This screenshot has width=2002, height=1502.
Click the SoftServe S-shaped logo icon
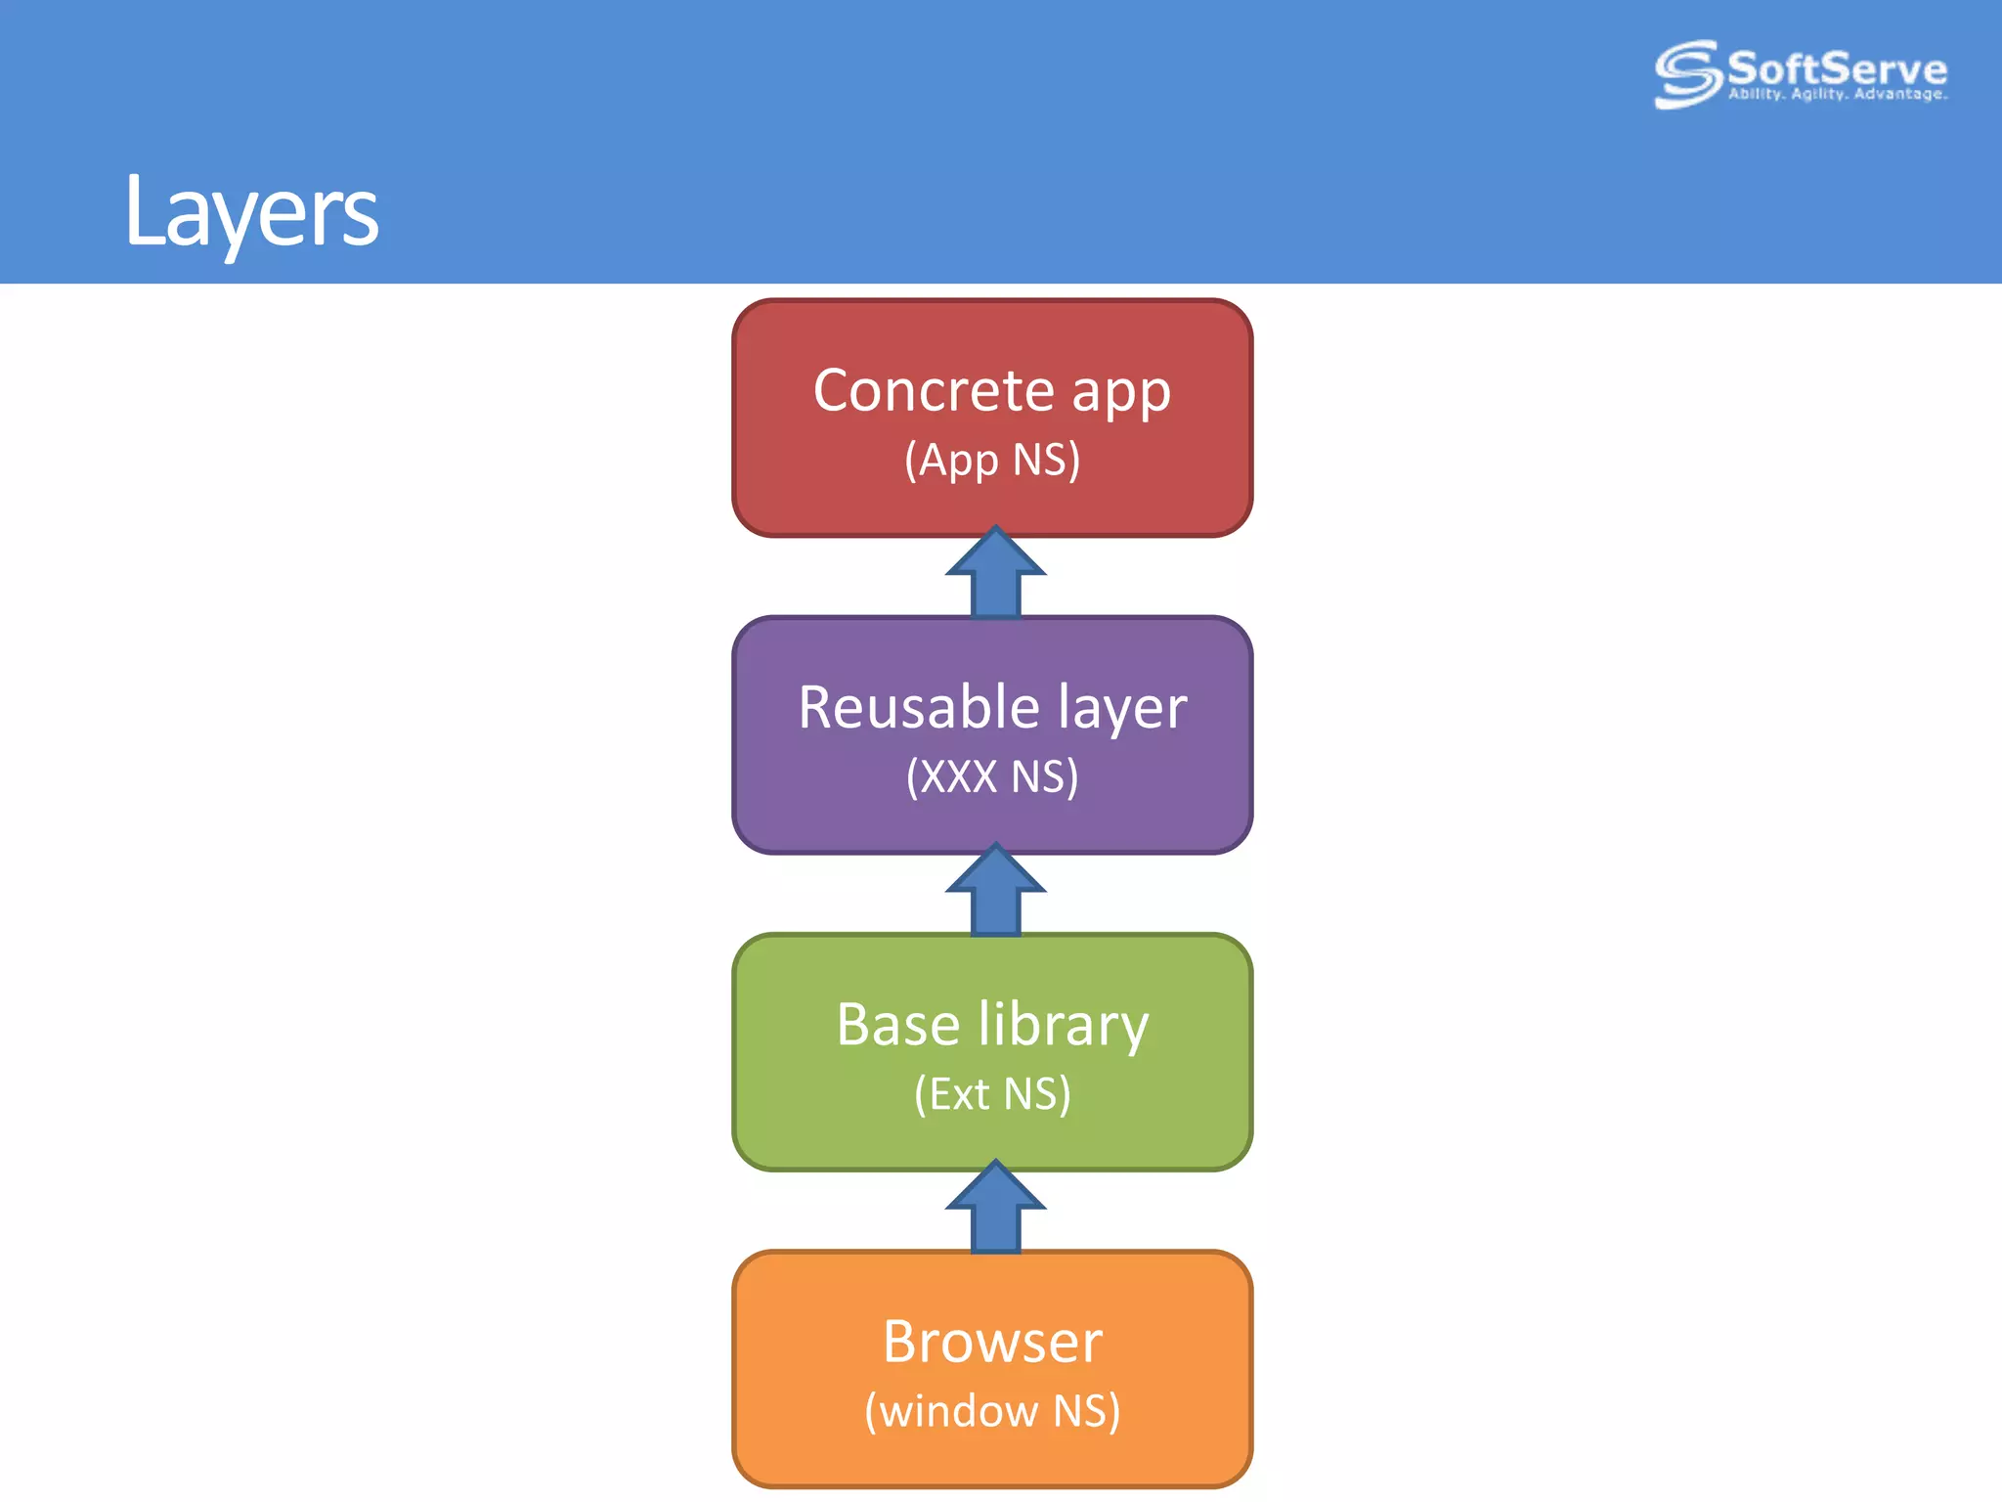pyautogui.click(x=1687, y=73)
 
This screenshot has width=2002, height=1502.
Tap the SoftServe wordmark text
pyautogui.click(x=1837, y=68)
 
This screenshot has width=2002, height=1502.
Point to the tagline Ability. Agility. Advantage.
pyautogui.click(x=1837, y=95)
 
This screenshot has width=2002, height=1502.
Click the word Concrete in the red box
pyautogui.click(x=934, y=391)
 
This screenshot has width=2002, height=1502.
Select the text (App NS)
pyautogui.click(x=992, y=460)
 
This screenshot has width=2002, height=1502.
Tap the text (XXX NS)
pyautogui.click(x=992, y=776)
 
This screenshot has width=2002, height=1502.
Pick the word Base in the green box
pyautogui.click(x=897, y=1025)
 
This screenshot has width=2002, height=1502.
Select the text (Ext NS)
pyautogui.click(x=992, y=1093)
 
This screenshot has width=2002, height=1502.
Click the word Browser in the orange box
pyautogui.click(x=992, y=1342)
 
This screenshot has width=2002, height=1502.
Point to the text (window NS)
pyautogui.click(x=992, y=1411)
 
